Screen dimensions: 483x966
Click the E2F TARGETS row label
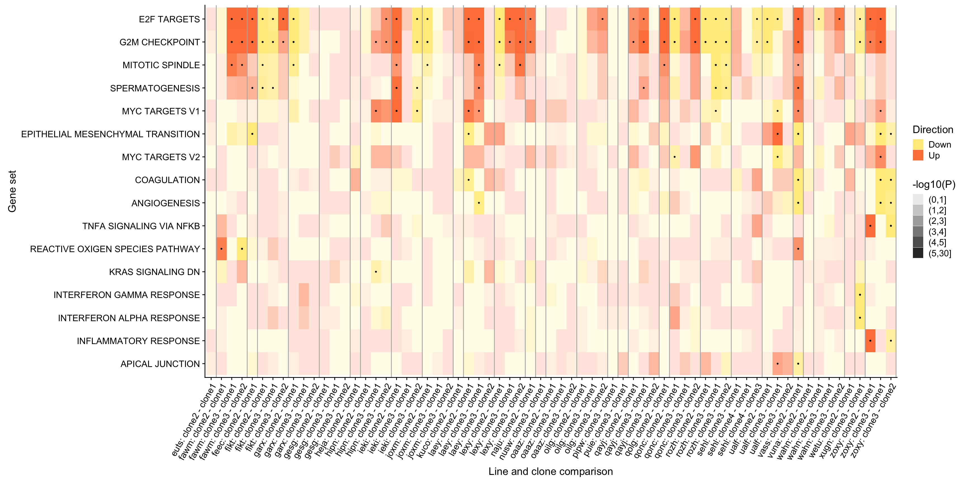coord(169,19)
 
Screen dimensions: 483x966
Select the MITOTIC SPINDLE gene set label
coord(161,65)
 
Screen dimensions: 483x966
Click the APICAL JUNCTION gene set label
coord(160,364)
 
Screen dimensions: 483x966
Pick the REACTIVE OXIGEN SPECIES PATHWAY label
coord(115,249)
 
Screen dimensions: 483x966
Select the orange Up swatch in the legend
coord(918,155)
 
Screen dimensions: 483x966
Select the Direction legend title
coord(933,130)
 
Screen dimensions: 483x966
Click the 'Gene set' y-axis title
coord(12,191)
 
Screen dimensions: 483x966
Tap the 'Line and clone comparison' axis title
coord(550,471)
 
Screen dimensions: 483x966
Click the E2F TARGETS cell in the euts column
coord(211,19)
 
